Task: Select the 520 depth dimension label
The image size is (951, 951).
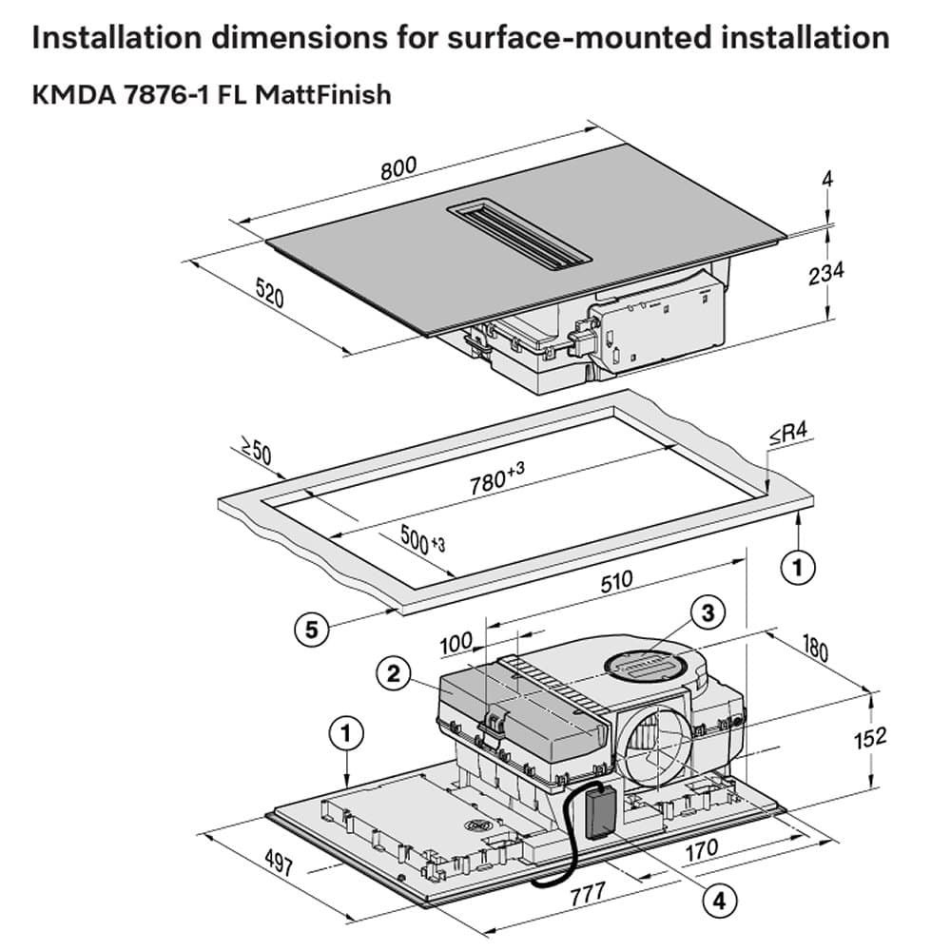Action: pos(269,292)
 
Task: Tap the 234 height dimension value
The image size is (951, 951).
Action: pos(825,274)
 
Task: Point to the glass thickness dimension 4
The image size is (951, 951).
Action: pos(828,179)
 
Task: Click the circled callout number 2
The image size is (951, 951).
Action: pos(392,673)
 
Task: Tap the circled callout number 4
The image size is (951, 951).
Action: pos(720,897)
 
